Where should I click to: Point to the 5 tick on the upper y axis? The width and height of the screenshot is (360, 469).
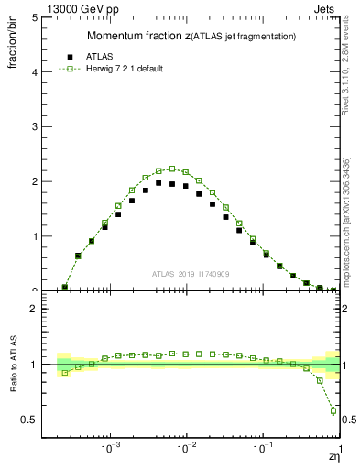click(x=37, y=17)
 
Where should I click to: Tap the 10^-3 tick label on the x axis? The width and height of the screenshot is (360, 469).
click(x=111, y=449)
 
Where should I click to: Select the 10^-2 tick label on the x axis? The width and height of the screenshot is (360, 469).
click(x=187, y=449)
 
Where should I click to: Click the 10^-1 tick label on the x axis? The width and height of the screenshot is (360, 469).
click(x=263, y=449)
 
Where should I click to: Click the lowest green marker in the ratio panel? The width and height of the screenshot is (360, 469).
click(x=333, y=410)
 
